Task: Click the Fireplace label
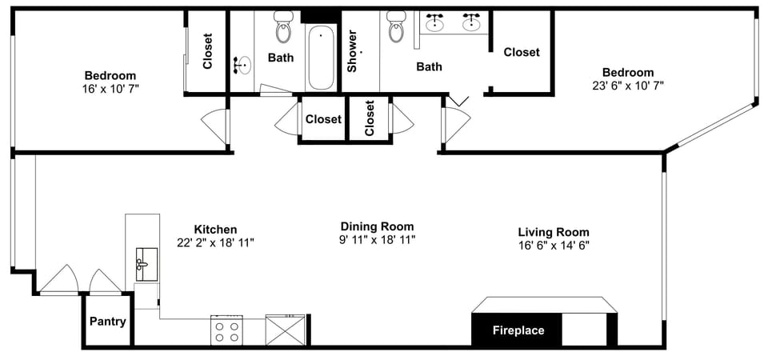518,330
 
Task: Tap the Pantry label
107,322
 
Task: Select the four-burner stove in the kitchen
226,330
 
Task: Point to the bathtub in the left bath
321,58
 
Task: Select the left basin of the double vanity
436,22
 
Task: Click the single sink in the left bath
243,65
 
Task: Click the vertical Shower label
351,51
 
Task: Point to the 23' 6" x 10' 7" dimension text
628,85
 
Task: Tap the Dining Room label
377,226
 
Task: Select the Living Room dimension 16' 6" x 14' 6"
554,246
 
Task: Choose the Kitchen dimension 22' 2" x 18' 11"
215,242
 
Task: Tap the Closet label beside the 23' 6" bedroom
522,52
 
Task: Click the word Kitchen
215,229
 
